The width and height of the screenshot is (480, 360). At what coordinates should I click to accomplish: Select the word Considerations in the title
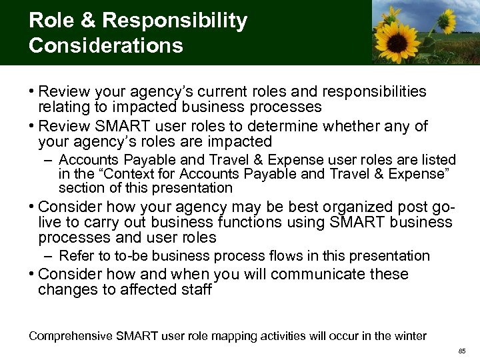click(106, 45)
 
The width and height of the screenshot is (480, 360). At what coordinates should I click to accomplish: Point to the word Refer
click(75, 255)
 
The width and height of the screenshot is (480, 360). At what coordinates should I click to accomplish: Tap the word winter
click(409, 335)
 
